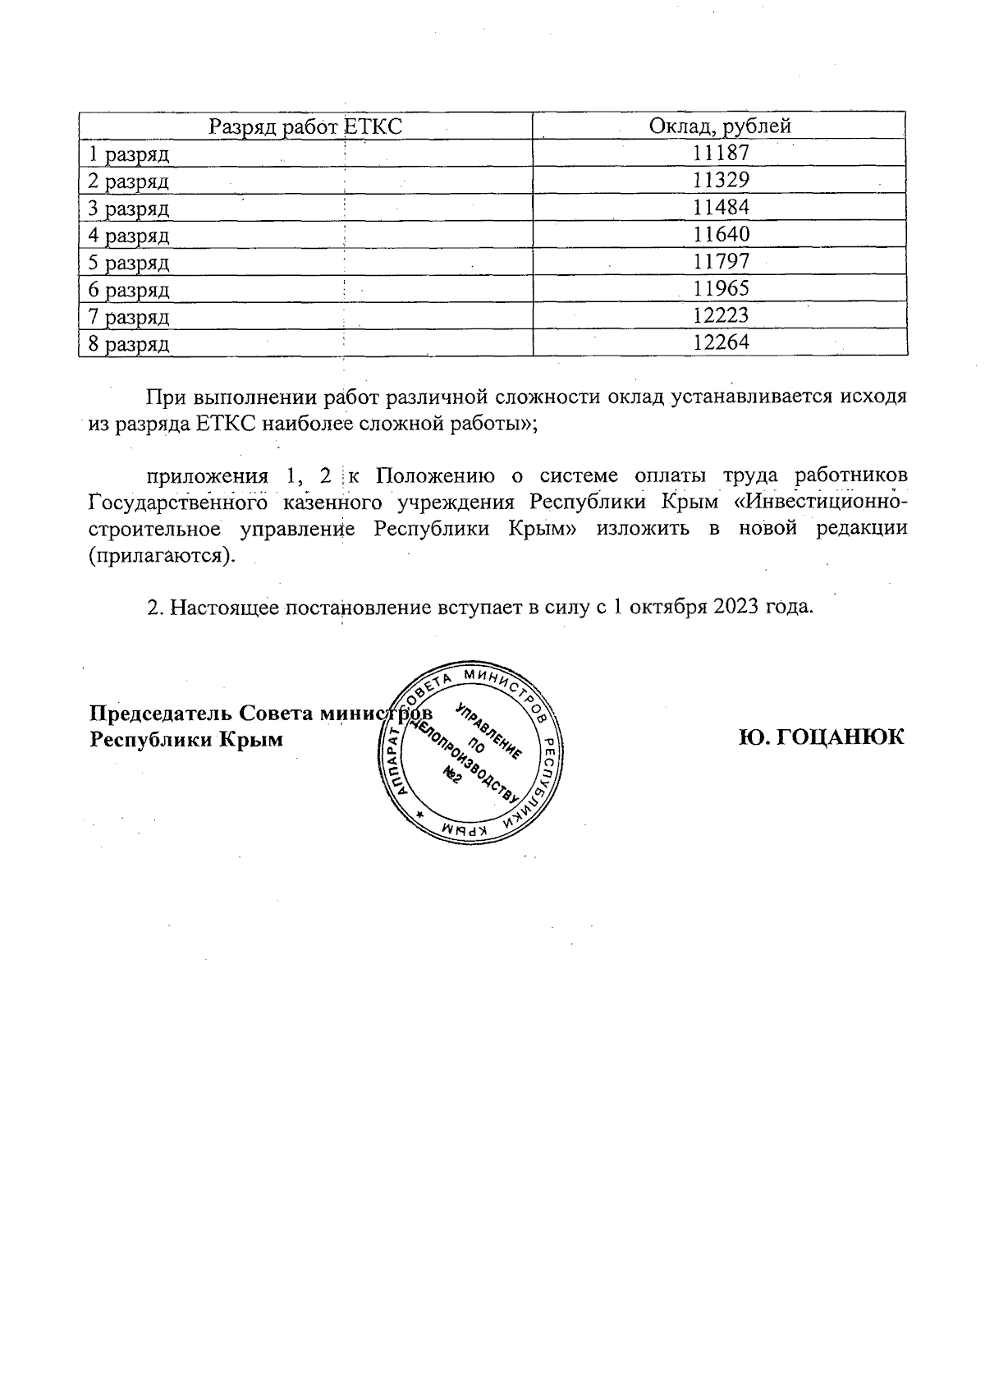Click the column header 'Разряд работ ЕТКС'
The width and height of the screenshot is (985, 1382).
click(x=305, y=126)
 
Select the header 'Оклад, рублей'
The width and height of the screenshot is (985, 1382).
click(x=720, y=126)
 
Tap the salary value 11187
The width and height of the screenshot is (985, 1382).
click(x=721, y=154)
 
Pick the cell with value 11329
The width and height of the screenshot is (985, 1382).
click(x=721, y=181)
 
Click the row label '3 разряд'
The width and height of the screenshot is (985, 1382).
click(x=129, y=209)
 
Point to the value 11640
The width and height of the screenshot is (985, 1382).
click(x=721, y=235)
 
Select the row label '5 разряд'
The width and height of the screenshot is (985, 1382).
click(x=129, y=263)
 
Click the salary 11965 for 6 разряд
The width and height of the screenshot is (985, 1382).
click(x=721, y=289)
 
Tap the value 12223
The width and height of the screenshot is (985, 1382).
click(x=721, y=316)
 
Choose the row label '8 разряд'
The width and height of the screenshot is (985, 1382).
click(x=129, y=344)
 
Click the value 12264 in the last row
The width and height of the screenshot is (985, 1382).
click(x=721, y=343)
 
